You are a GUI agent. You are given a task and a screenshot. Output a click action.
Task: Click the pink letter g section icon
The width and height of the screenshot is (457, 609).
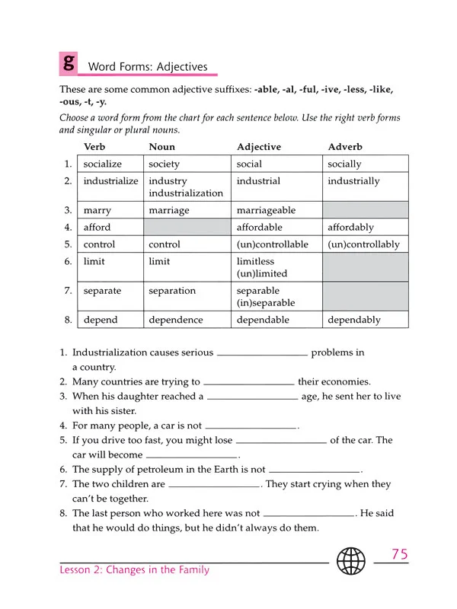[x=69, y=62]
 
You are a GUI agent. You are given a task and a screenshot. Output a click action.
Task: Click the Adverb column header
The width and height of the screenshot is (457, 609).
[x=344, y=147]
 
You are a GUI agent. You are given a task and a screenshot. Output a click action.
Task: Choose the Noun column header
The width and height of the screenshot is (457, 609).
[x=161, y=147]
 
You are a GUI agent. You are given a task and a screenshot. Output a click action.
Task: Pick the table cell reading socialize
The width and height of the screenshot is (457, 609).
[x=102, y=164]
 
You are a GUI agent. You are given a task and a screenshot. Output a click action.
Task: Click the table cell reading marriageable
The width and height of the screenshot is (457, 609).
[x=266, y=210]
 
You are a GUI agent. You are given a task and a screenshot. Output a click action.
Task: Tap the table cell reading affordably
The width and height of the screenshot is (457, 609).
[x=350, y=227]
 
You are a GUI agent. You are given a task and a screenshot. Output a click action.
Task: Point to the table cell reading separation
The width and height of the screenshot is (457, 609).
[x=172, y=291]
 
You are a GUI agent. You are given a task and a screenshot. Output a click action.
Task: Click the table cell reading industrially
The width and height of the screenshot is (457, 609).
[x=353, y=181]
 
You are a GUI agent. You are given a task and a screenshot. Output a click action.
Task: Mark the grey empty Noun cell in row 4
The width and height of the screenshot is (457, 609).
[x=187, y=227]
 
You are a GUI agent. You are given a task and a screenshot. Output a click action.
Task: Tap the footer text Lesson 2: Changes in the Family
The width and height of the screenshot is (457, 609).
[x=134, y=569]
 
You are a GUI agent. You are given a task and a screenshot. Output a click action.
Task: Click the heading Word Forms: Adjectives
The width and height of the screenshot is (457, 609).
[x=148, y=67]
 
